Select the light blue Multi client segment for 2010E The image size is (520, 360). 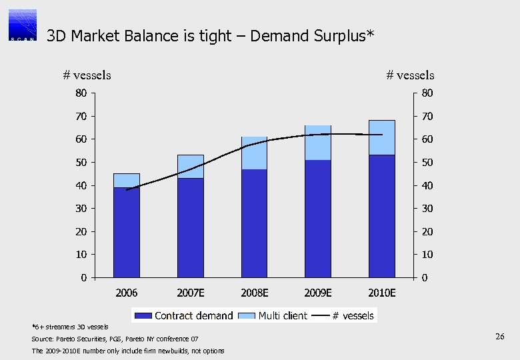[382, 137]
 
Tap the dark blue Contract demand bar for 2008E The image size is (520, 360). [254, 223]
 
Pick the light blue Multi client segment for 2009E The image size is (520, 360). [318, 143]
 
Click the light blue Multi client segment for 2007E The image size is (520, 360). [191, 166]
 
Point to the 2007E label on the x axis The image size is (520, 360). [191, 293]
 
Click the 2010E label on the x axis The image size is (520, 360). [382, 293]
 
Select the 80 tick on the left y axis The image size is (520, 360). [80, 93]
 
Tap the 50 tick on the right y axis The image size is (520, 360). [427, 163]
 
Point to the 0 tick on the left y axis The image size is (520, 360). [83, 277]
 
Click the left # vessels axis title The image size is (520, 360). [87, 75]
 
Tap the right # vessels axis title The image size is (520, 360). [410, 75]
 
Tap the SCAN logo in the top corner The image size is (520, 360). [22, 25]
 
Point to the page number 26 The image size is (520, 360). [499, 338]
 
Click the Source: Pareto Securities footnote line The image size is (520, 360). [115, 339]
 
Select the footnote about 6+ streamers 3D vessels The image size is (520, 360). [65, 327]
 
